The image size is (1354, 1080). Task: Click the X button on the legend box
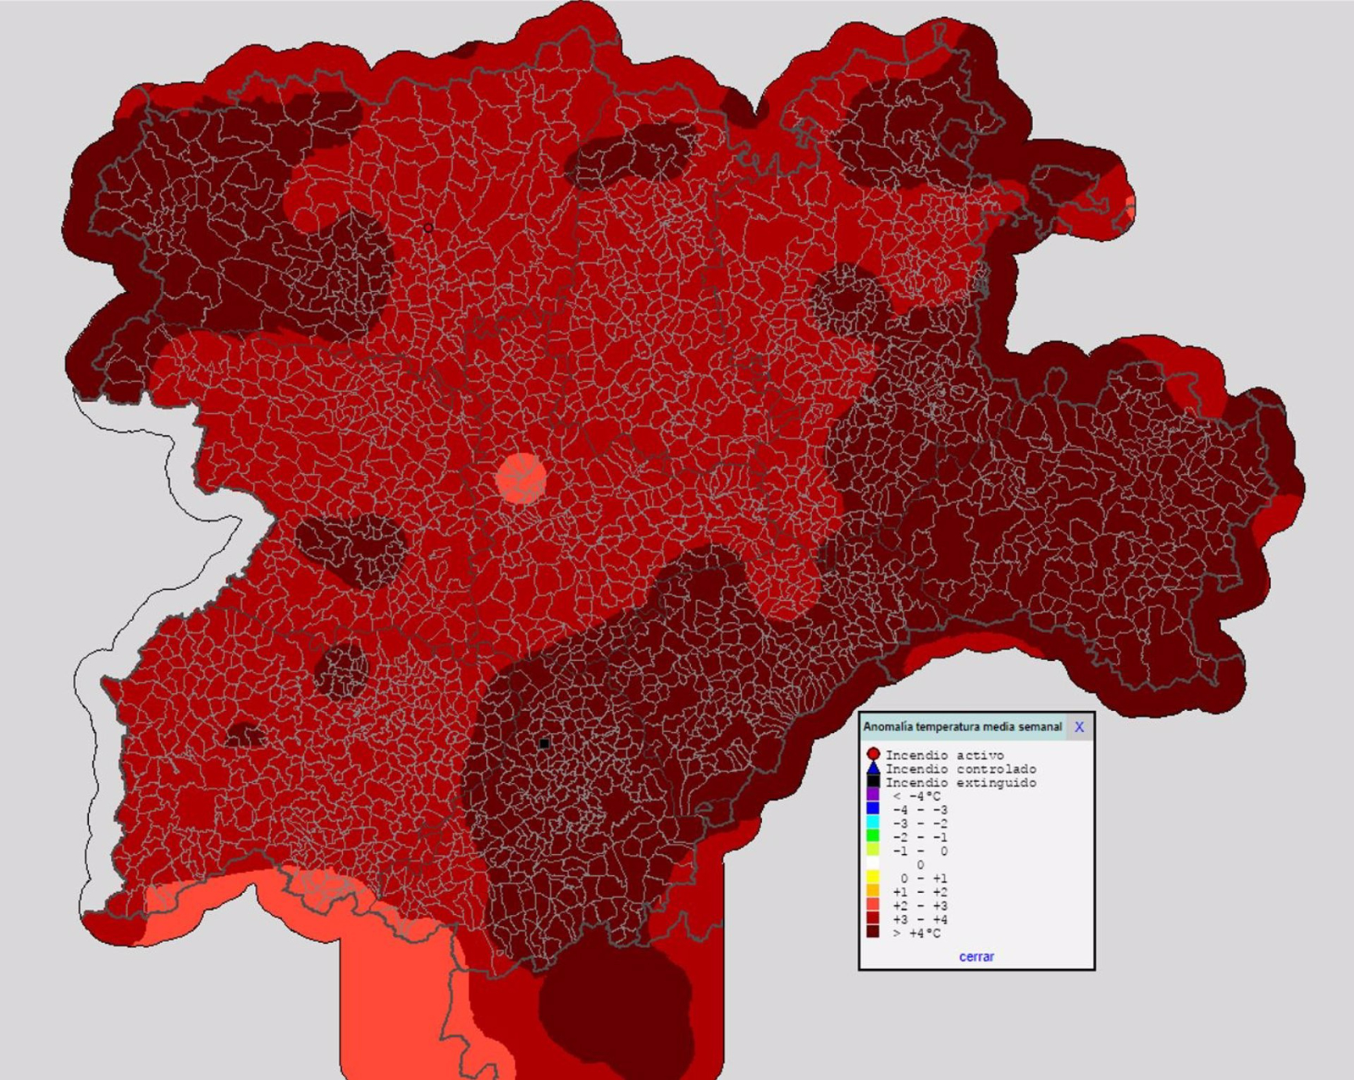click(x=1079, y=727)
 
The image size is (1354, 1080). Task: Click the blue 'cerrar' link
click(x=976, y=956)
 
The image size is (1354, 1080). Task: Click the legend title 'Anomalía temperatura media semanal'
click(x=962, y=727)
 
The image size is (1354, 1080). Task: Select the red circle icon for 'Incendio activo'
click(x=873, y=754)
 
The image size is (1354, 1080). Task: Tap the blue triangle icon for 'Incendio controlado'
click(x=873, y=768)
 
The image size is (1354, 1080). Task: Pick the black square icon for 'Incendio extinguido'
click(x=873, y=782)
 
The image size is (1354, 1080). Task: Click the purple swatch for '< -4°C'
click(x=873, y=796)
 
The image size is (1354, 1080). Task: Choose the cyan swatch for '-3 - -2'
click(x=873, y=823)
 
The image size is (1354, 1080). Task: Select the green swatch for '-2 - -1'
click(x=873, y=836)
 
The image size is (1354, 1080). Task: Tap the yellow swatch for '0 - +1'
click(x=873, y=878)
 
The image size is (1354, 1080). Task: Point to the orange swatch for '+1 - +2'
click(x=873, y=891)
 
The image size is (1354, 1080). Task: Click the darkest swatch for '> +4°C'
click(x=873, y=932)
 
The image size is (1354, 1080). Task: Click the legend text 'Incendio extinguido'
click(x=960, y=783)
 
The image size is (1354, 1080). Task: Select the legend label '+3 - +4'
click(x=920, y=919)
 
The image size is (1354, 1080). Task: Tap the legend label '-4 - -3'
click(x=920, y=810)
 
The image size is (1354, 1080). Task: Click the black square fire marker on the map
click(x=544, y=743)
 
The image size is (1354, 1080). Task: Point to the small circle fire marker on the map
click(x=428, y=228)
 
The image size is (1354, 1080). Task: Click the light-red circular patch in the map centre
click(x=520, y=478)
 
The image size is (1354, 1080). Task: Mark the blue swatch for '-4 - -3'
click(x=873, y=809)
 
